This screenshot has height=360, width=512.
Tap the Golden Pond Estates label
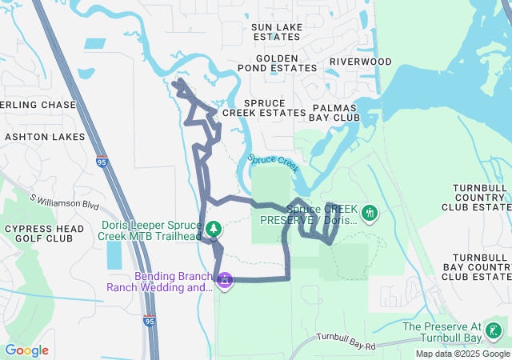287,63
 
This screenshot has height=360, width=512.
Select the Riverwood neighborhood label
361,62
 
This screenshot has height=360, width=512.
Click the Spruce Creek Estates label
264,108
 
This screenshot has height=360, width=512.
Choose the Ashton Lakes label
44,137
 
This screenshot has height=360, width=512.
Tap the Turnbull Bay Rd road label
346,342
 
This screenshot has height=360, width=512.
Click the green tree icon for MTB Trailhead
214,230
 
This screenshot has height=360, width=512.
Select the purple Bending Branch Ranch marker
226,281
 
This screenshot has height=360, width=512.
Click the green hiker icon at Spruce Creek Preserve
370,214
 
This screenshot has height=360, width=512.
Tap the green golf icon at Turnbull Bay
494,329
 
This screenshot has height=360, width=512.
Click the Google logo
26,350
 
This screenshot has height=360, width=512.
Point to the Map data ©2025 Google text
462,354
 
